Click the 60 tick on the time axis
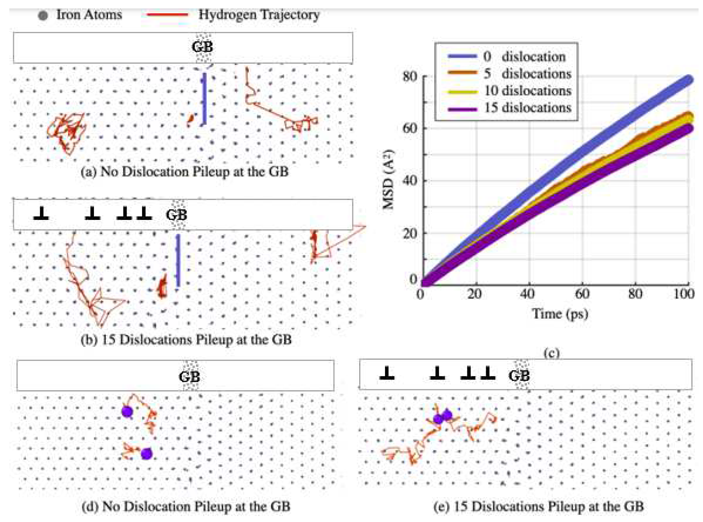(x=582, y=294)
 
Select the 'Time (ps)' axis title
(x=560, y=314)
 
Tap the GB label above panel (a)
(x=202, y=47)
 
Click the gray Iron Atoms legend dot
(x=43, y=15)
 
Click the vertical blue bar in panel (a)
(x=205, y=99)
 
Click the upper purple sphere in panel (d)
(x=127, y=411)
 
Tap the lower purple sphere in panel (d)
(x=146, y=454)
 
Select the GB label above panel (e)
(x=519, y=376)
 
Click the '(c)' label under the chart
(x=551, y=353)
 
